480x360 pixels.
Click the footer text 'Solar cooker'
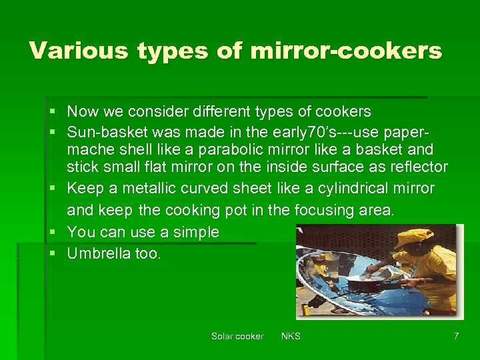[x=237, y=336]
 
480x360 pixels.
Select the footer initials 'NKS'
[x=291, y=336]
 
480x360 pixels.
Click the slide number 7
[x=456, y=336]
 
